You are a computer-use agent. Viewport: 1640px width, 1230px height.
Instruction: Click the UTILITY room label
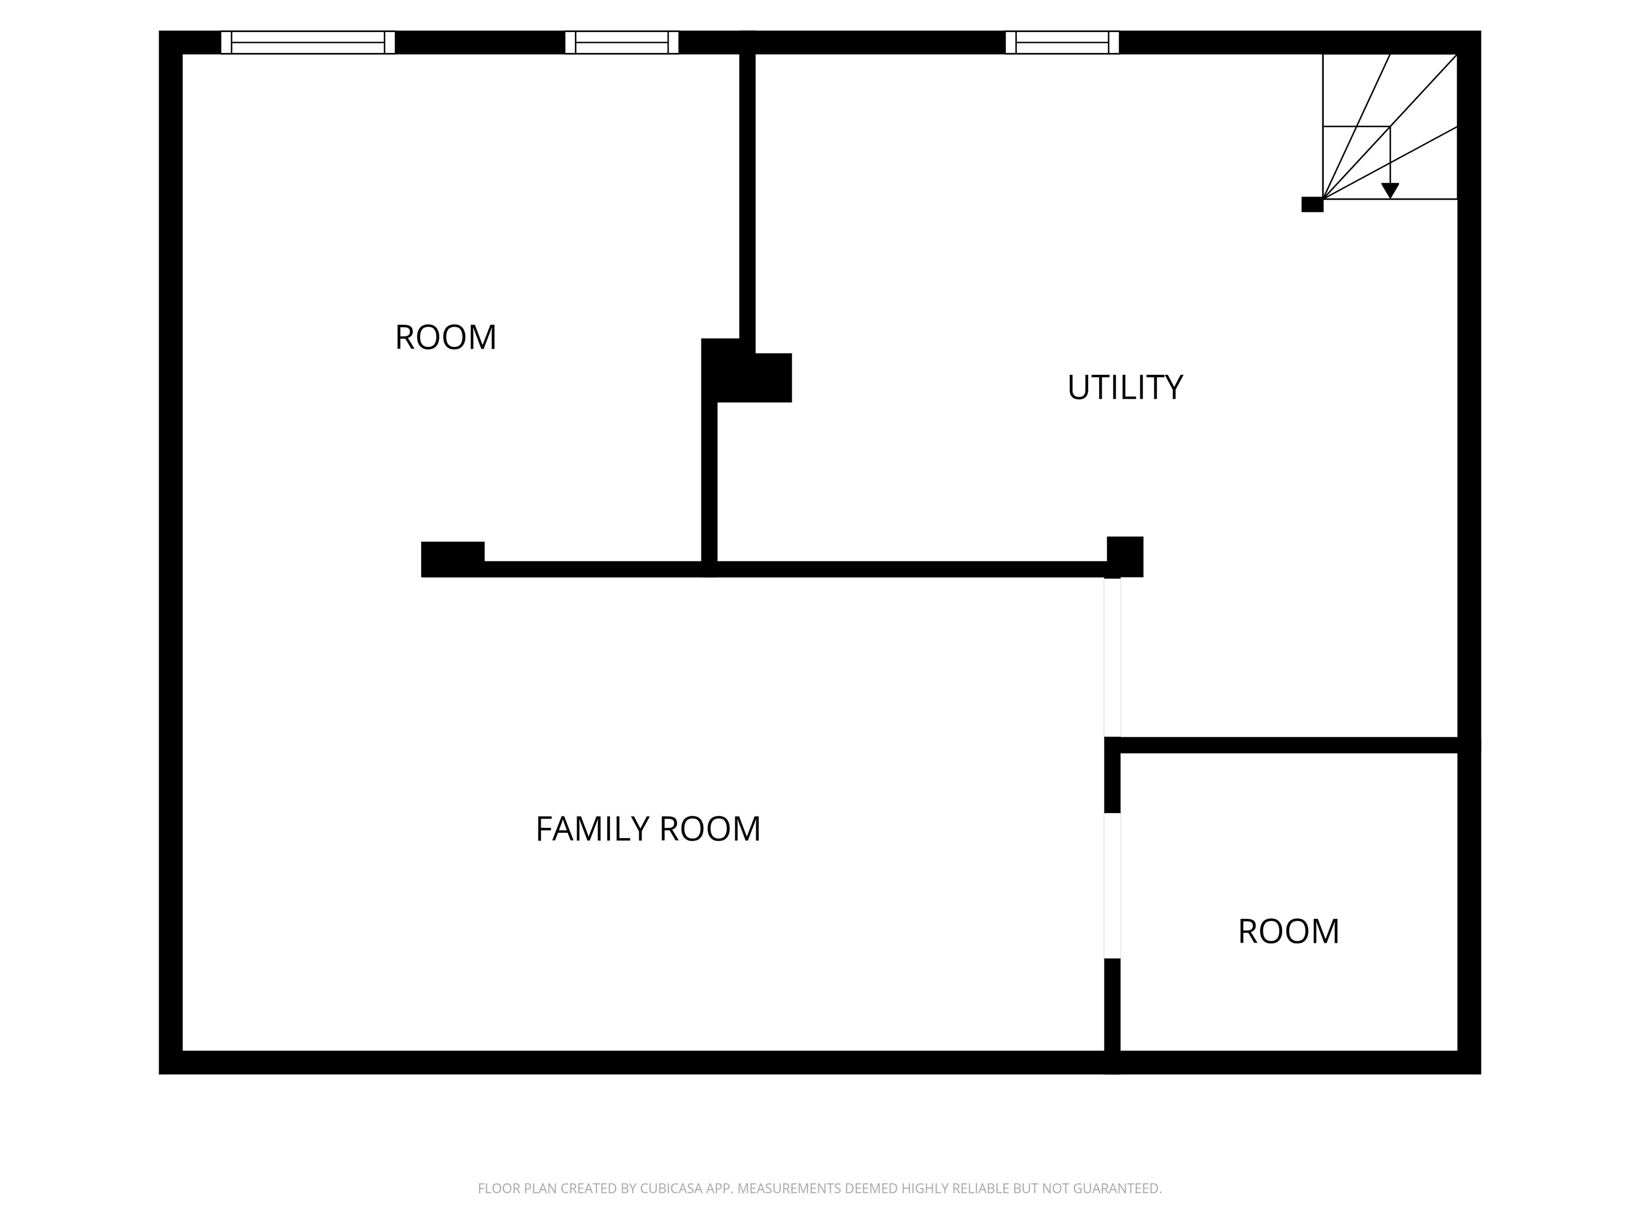pos(1125,387)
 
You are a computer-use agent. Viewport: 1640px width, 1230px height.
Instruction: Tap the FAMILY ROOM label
pos(648,829)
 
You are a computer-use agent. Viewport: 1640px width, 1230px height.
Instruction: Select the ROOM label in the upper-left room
pos(446,337)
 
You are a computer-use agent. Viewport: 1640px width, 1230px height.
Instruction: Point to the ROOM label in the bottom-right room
pos(1289,931)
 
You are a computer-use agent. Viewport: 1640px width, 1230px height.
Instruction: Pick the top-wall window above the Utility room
pos(1062,42)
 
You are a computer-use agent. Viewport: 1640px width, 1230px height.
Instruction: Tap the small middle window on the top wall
pos(621,42)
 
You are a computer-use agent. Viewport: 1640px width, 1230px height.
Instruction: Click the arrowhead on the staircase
pos(1390,191)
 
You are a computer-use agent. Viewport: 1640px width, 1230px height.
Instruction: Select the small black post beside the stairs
pos(1312,204)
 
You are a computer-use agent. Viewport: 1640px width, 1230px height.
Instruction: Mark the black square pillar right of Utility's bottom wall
pos(1125,556)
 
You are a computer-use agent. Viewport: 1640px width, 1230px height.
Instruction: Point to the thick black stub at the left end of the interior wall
pos(452,558)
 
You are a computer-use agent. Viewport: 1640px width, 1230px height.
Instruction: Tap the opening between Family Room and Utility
pos(1112,657)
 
